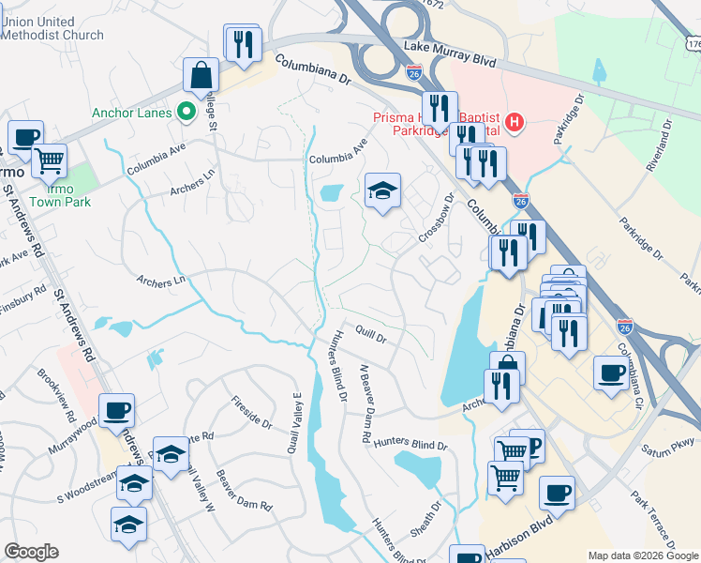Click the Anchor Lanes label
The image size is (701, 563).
click(x=131, y=114)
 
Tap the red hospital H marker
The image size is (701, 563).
click(x=514, y=122)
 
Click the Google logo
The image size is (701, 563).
click(x=31, y=552)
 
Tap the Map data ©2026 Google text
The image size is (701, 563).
click(x=642, y=555)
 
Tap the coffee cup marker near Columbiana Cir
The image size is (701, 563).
click(x=611, y=372)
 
